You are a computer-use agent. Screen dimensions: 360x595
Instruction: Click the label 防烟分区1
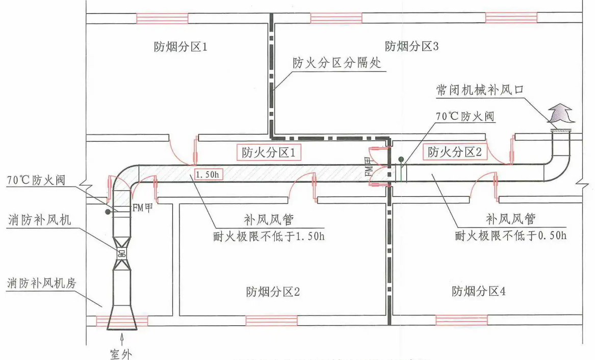point(180,47)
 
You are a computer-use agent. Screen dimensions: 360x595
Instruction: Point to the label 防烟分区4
point(478,292)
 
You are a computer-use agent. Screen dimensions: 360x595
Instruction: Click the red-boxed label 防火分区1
point(265,152)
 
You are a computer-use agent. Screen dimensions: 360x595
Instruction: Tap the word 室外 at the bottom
point(122,353)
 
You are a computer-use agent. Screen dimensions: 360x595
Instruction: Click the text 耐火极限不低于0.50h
point(511,236)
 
